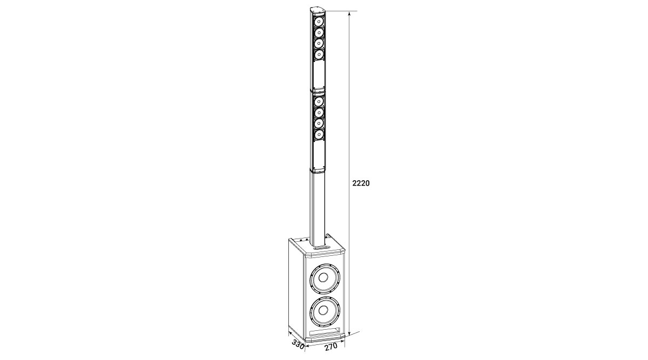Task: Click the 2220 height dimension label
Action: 361,183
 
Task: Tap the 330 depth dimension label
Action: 298,345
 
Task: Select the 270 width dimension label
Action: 331,347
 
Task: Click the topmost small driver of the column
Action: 319,22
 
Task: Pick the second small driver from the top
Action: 319,32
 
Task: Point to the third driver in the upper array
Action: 319,43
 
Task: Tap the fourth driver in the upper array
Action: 319,55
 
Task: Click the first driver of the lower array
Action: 319,101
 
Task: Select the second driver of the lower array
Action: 319,112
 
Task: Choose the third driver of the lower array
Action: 319,124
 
